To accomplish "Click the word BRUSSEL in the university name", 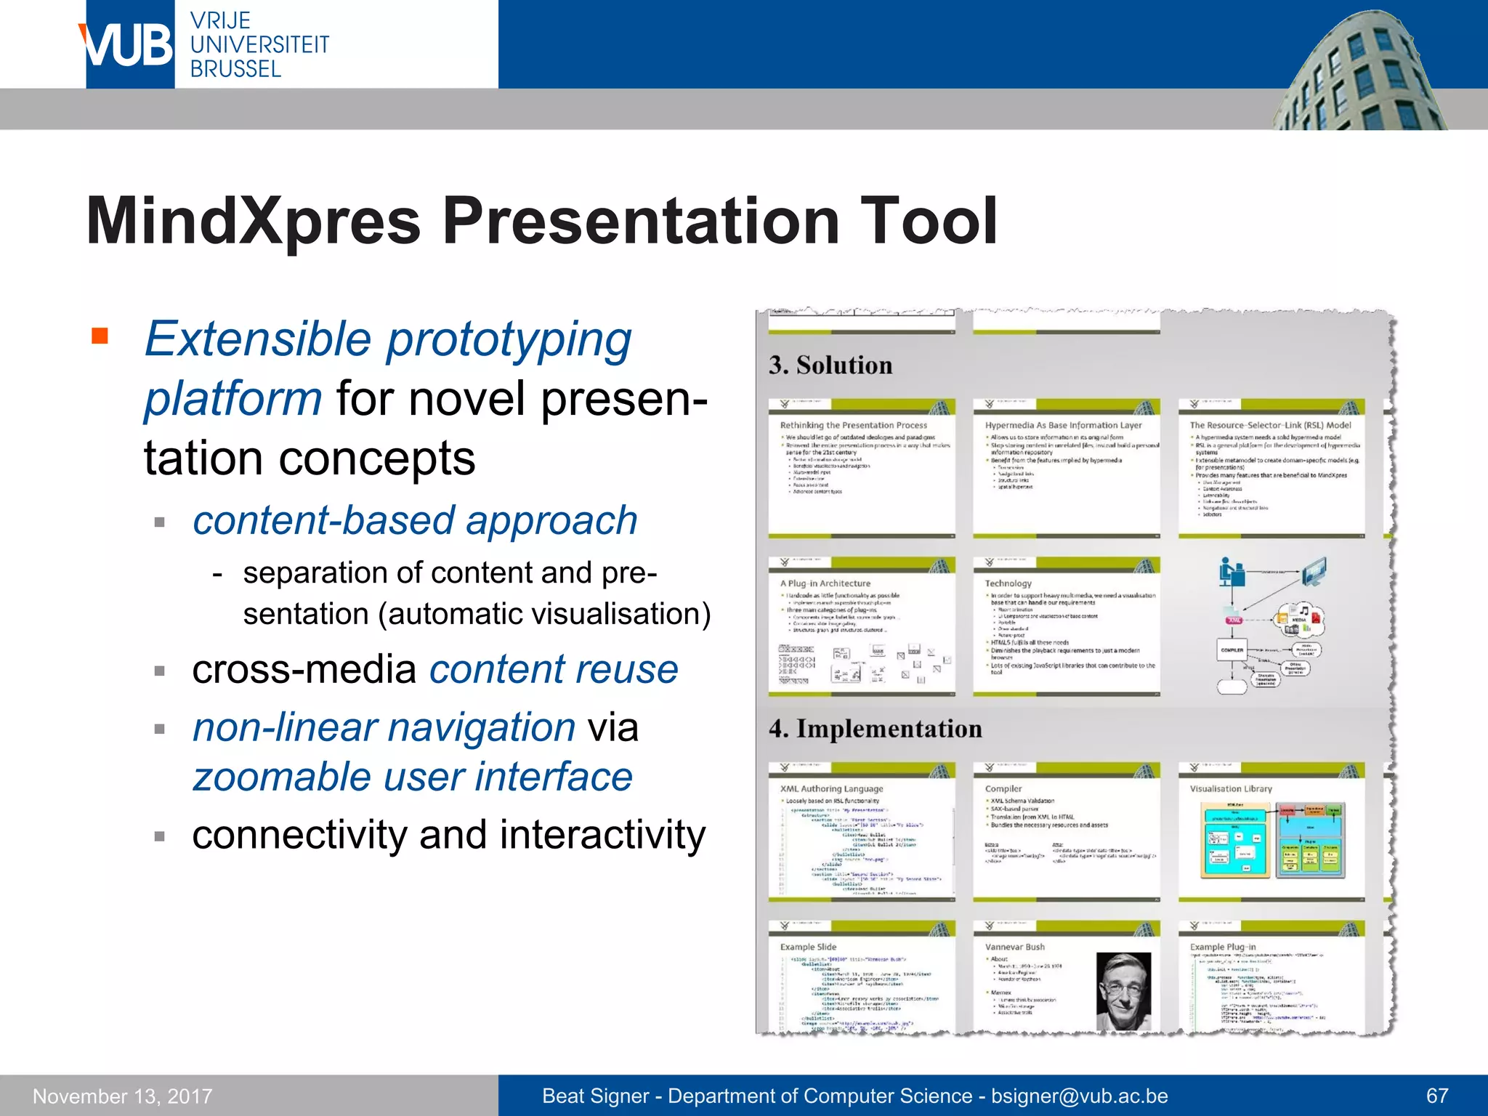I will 235,69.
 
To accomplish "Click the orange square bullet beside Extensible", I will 100,336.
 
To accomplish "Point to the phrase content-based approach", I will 415,520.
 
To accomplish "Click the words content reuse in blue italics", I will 554,669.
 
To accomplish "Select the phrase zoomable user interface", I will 413,777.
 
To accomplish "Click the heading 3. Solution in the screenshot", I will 830,365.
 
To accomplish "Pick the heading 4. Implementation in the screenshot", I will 876,729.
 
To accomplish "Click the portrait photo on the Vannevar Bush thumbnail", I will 1123,991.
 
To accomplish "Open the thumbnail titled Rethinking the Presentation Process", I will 862,469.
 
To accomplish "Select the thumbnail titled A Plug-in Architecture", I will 862,626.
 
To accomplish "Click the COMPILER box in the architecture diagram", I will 1232,650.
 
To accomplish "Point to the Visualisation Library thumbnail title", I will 1231,788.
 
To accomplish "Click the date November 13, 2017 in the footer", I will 123,1096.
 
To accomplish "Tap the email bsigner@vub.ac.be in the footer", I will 1080,1096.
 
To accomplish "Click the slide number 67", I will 1437,1096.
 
